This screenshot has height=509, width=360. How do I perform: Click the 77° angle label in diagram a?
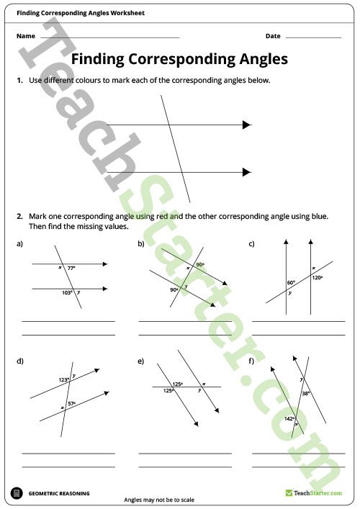click(71, 268)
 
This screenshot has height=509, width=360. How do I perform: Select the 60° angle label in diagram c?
click(291, 283)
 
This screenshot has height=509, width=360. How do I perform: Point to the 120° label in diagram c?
click(317, 277)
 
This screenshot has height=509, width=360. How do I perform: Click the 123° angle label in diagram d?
click(63, 380)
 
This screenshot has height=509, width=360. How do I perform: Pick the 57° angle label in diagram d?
click(71, 403)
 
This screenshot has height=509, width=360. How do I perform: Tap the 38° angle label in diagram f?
click(306, 394)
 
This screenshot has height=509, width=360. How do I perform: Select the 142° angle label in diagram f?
click(289, 418)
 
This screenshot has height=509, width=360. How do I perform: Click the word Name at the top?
click(25, 36)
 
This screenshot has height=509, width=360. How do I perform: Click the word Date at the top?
click(273, 36)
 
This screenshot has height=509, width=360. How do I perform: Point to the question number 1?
click(19, 81)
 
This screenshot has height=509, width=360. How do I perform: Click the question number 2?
click(19, 216)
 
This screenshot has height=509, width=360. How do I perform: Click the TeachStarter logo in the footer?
click(310, 493)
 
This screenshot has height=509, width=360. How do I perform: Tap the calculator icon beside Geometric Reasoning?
click(16, 493)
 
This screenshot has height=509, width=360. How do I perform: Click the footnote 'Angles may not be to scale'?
click(160, 500)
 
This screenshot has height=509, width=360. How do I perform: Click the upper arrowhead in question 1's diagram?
click(246, 125)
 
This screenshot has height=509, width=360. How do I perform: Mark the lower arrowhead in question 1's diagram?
click(246, 172)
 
